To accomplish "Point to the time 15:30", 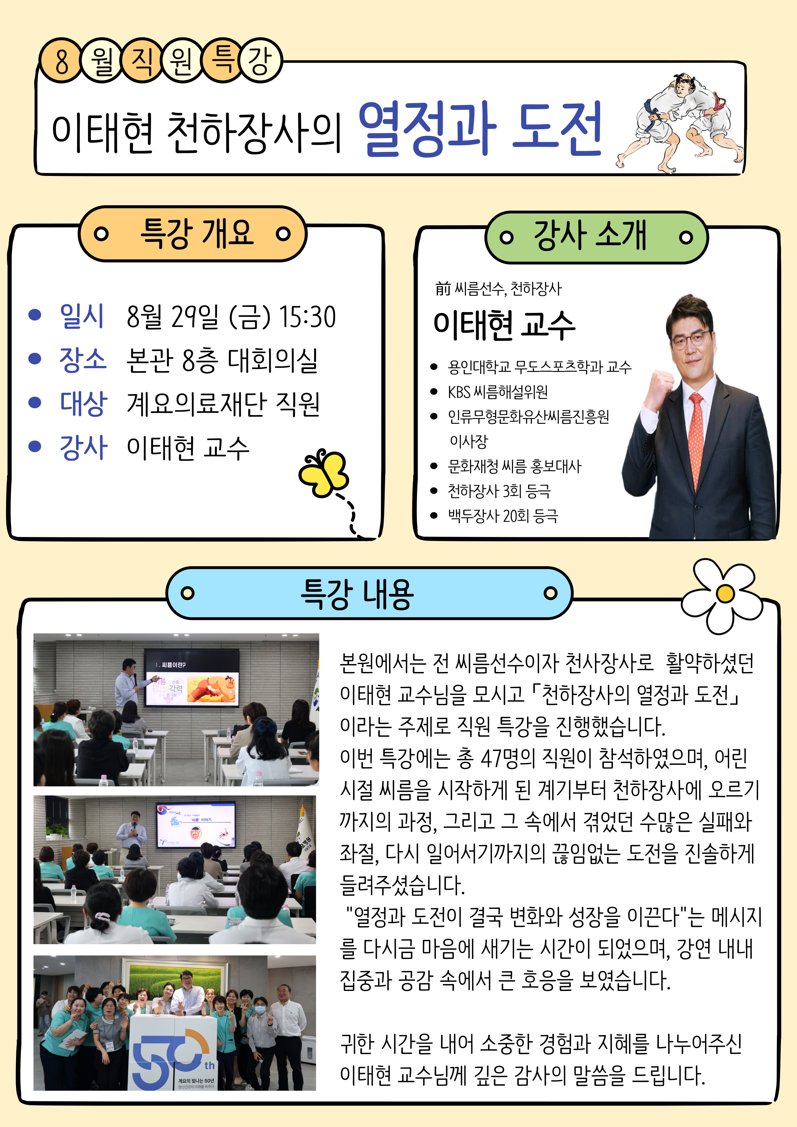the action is point(308,317).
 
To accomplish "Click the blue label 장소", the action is point(83,360).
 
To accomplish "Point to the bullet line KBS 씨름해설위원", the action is point(498,392).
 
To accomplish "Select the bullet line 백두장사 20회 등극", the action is point(502,516).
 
